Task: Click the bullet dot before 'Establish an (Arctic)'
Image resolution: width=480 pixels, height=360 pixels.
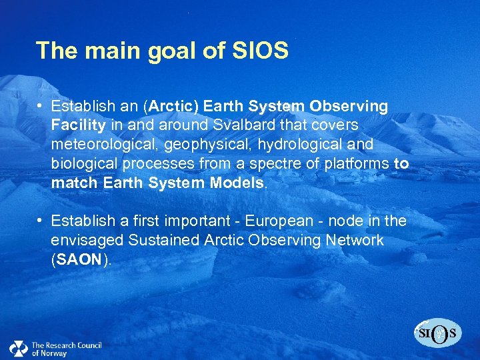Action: (41, 106)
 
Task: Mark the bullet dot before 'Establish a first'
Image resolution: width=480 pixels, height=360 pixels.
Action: (41, 221)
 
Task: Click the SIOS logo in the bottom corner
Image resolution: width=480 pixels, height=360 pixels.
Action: (438, 332)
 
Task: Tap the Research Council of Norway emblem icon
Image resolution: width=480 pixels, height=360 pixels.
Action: (18, 349)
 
